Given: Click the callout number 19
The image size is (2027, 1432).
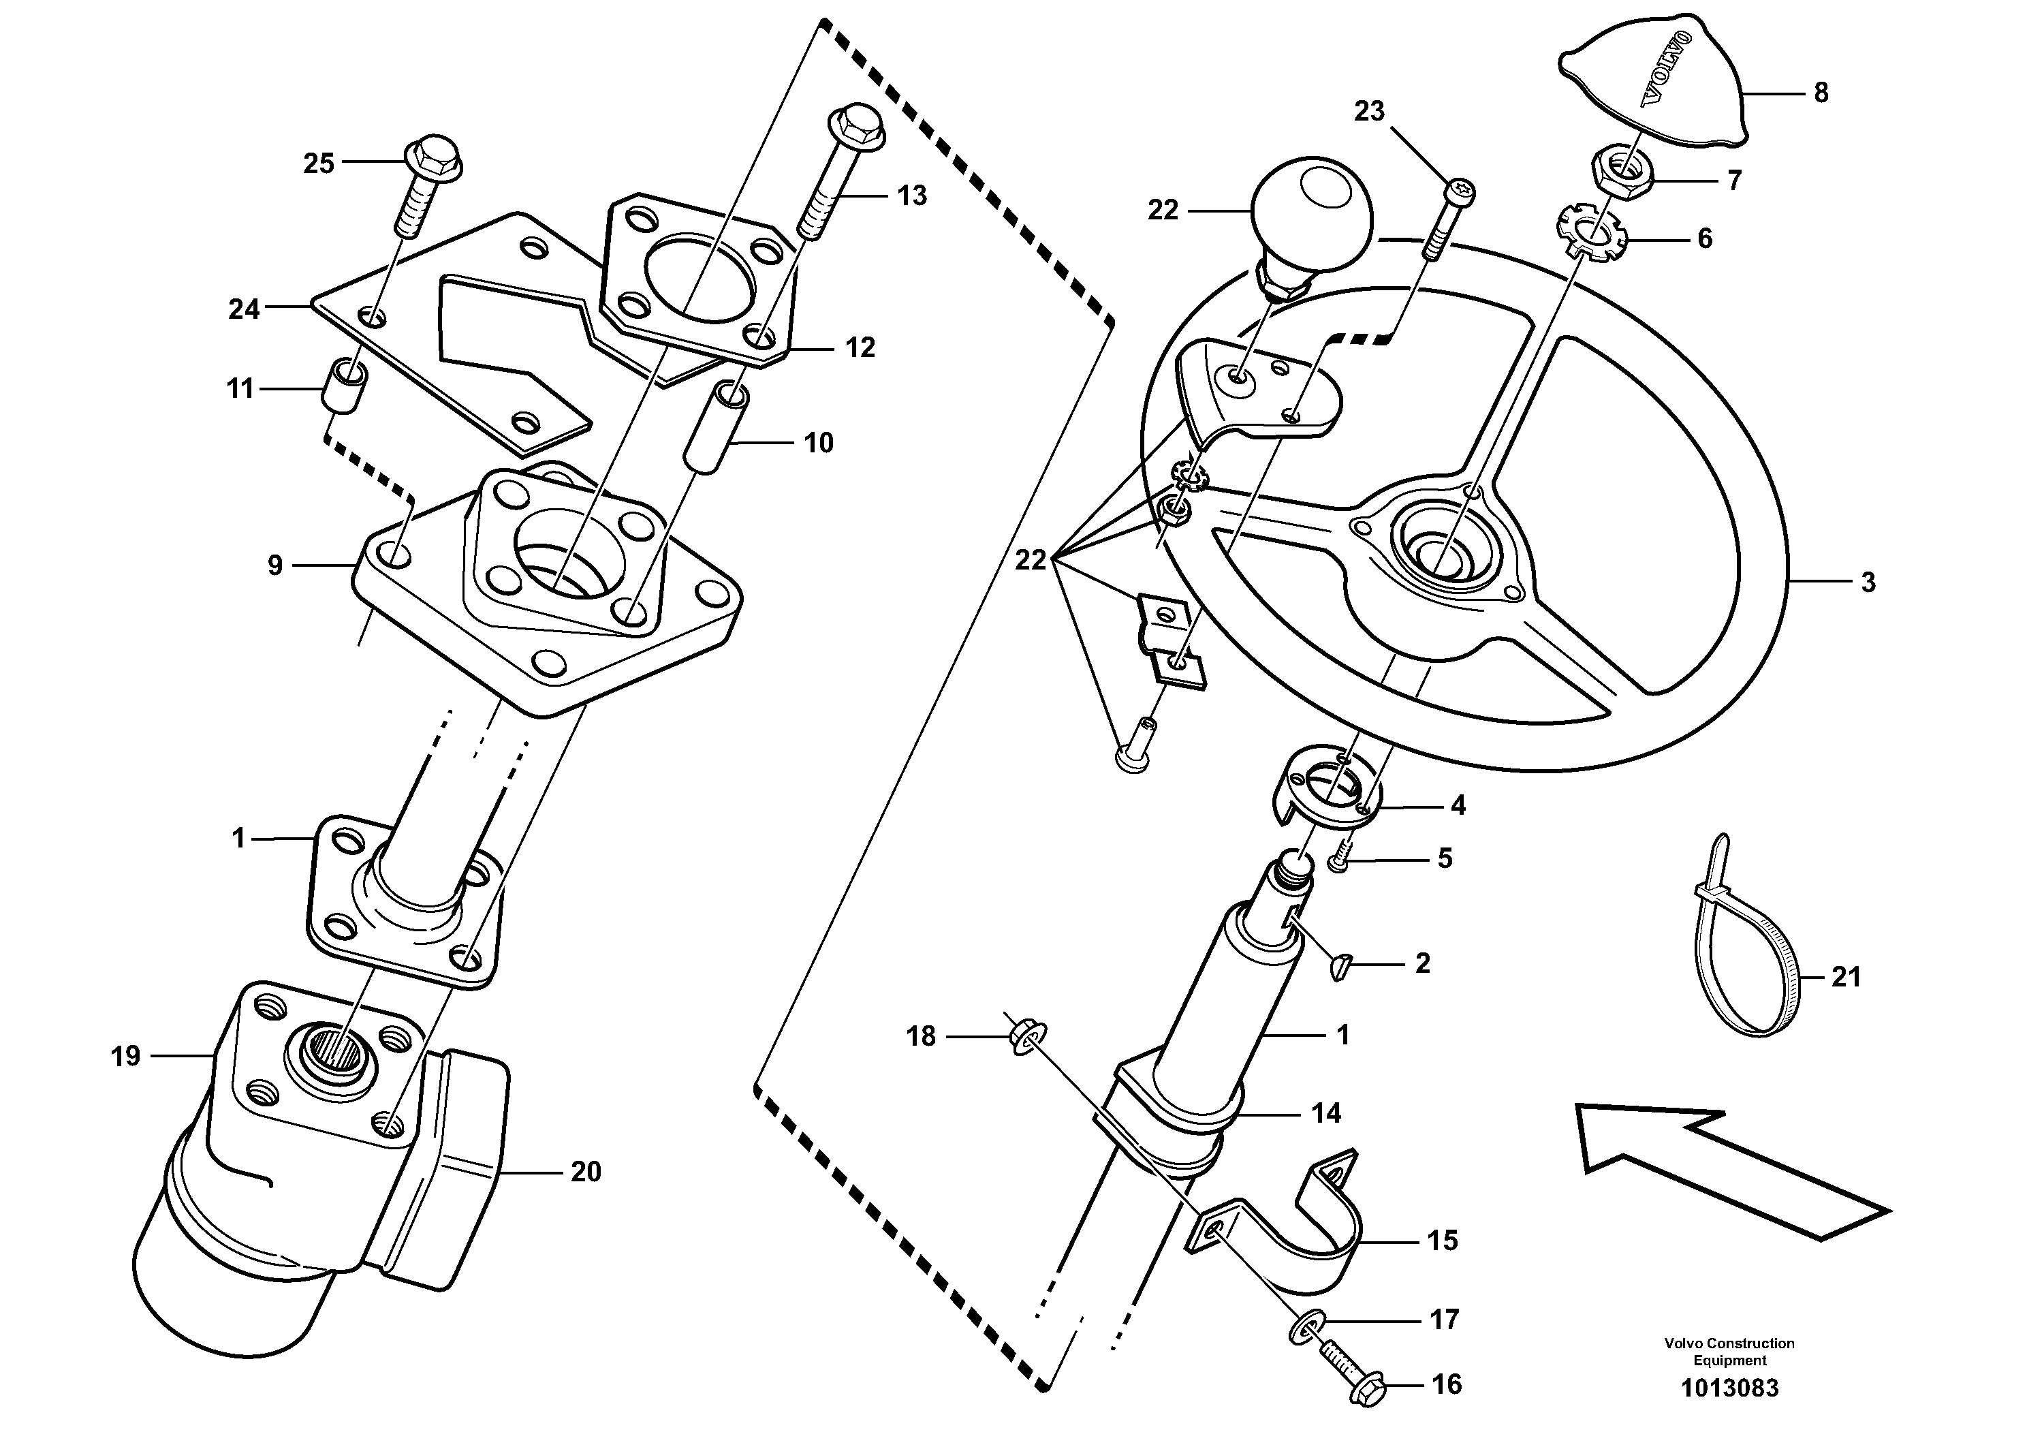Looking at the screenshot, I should pos(125,1056).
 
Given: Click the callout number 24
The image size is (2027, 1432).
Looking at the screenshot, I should pos(244,309).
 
